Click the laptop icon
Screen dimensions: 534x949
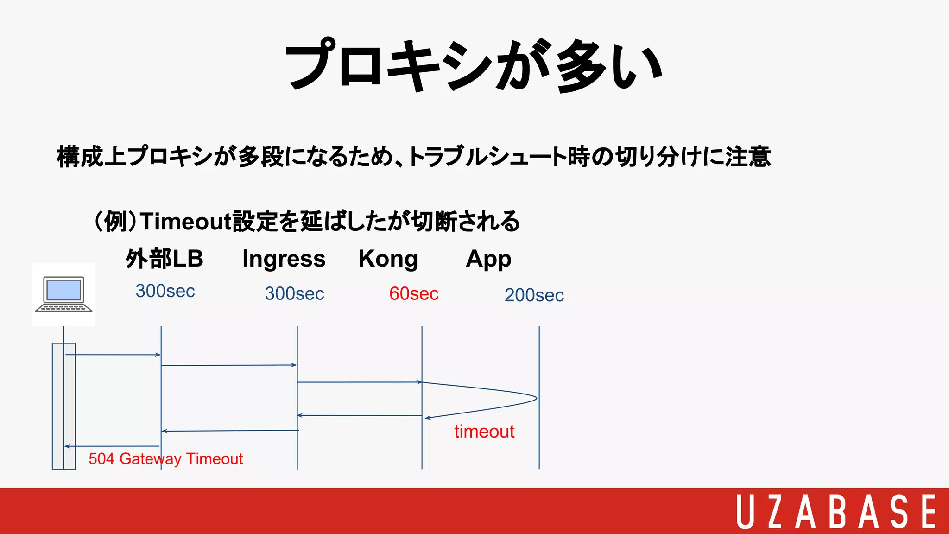64,294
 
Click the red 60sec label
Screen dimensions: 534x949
414,294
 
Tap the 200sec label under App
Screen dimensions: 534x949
534,295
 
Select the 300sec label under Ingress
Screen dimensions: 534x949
294,294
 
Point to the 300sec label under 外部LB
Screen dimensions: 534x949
165,291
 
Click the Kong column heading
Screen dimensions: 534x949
388,259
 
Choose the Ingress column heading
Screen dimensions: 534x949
284,259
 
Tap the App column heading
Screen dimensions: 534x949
488,259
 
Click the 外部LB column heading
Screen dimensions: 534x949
164,259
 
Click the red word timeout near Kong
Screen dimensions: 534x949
484,432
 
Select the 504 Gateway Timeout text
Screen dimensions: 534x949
165,459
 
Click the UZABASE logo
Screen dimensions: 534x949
836,511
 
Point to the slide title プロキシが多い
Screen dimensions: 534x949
474,65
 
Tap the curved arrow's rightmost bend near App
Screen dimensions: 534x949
536,398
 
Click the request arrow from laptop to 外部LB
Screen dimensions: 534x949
114,355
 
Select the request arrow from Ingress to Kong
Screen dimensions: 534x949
359,382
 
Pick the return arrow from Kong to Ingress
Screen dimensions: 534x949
359,415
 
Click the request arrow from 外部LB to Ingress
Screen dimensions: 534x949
229,365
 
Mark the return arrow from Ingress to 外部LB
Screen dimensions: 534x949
230,431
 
